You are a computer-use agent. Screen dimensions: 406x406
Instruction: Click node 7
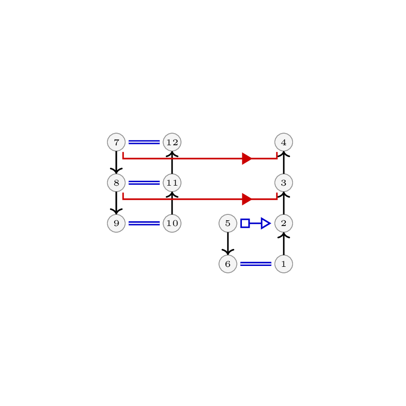[x=116, y=142]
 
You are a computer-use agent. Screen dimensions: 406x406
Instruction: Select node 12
[x=172, y=142]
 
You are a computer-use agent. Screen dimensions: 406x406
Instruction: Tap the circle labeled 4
[x=284, y=142]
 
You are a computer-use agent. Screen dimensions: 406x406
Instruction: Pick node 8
[x=116, y=183]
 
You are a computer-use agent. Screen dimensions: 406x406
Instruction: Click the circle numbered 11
[x=172, y=183]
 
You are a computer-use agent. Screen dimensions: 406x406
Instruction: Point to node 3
[x=284, y=183]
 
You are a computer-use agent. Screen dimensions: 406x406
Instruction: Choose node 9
[x=116, y=223]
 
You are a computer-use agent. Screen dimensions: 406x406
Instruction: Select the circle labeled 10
[x=172, y=223]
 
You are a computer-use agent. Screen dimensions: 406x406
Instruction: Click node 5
[x=228, y=223]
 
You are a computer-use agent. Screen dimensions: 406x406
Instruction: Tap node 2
[x=284, y=223]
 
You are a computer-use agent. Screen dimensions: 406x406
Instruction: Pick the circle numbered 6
[x=228, y=264]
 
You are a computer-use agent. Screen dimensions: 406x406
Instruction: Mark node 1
[x=284, y=264]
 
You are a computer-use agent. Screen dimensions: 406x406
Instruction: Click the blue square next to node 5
[x=245, y=223]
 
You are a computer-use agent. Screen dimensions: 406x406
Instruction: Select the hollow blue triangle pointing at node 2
[x=266, y=223]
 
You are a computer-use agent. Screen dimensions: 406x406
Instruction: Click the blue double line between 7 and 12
[x=144, y=142]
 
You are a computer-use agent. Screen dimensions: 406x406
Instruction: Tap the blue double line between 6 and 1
[x=256, y=264]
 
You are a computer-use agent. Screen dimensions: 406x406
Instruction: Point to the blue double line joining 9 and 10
[x=144, y=223]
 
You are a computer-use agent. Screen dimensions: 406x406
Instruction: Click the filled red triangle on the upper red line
[x=247, y=159]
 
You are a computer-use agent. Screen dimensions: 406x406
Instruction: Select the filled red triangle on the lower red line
[x=247, y=199]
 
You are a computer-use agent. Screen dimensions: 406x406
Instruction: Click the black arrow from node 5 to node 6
[x=228, y=244]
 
